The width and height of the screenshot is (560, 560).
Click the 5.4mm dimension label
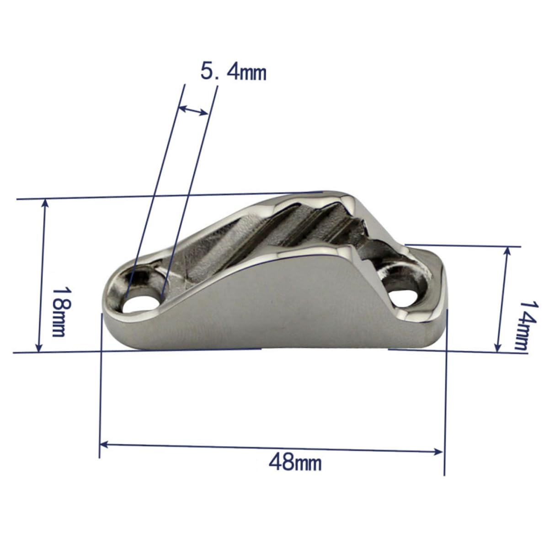[x=233, y=72]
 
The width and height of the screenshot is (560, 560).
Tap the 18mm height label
[x=59, y=311]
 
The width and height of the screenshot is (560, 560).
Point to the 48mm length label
[x=295, y=462]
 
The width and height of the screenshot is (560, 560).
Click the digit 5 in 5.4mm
[x=208, y=72]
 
